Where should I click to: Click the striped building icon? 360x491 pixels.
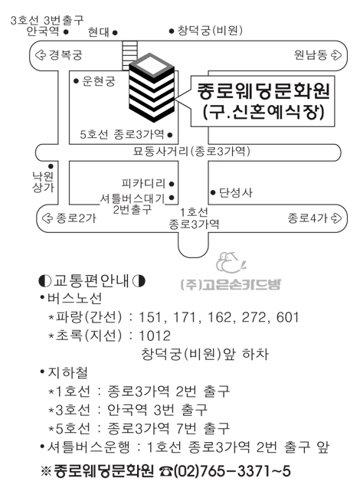point(152,87)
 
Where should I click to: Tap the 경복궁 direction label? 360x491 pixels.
point(66,55)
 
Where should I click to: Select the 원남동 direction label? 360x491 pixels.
point(310,55)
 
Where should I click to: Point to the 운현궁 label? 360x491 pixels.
point(99,81)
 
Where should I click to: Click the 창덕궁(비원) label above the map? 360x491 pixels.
point(210,31)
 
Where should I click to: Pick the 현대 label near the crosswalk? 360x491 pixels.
point(99,32)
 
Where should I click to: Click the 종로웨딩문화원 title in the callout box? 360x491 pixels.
point(263,91)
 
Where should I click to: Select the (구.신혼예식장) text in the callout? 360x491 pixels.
point(263,112)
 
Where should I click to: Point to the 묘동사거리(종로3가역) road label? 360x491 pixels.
point(191,152)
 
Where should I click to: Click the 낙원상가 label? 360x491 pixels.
point(43,182)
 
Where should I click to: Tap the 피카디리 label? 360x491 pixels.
point(143,184)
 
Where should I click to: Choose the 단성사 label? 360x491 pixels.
point(235,192)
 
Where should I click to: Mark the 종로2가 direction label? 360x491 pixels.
point(76,218)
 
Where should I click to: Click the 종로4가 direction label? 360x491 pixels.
point(308,218)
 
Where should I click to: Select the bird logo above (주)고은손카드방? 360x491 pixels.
point(230,263)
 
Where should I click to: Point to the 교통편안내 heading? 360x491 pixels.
point(92,280)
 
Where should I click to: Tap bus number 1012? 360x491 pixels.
point(155,336)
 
